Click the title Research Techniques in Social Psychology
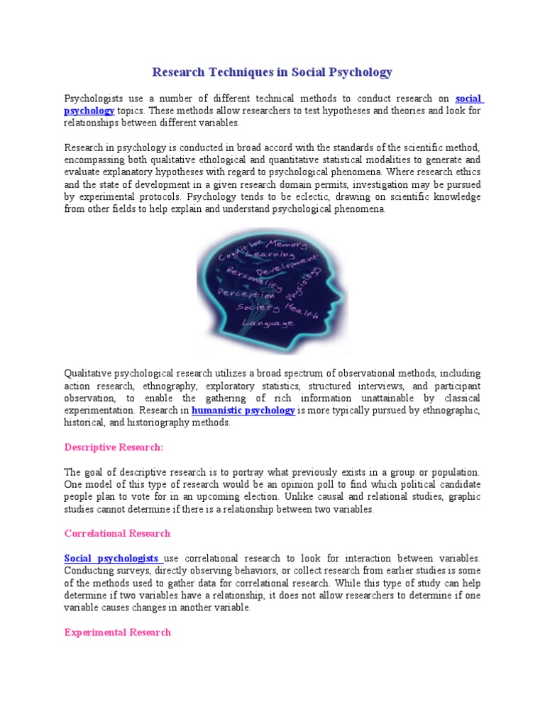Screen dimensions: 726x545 coord(272,72)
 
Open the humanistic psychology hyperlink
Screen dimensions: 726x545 coord(243,411)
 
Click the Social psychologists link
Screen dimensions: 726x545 coord(111,559)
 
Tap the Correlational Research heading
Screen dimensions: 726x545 coord(117,533)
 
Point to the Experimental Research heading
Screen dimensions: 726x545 coord(117,632)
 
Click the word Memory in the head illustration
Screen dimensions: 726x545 coord(286,245)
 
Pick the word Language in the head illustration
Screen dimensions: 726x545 coord(268,323)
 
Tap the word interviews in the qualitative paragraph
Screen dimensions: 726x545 coord(385,386)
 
